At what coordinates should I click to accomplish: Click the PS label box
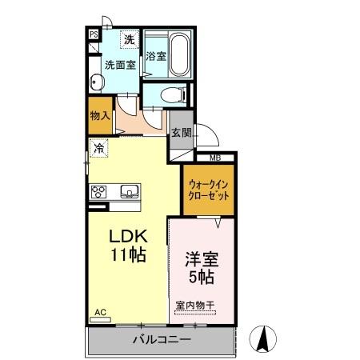point(94,34)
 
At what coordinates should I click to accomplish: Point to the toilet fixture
point(171,95)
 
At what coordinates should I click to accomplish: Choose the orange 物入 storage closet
point(99,117)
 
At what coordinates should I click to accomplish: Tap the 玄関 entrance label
point(180,134)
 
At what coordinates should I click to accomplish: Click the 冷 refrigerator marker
point(99,147)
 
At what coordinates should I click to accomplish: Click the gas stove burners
point(100,190)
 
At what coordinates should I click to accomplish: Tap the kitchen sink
point(129,190)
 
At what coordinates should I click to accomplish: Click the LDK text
point(128,238)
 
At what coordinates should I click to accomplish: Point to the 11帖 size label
point(128,258)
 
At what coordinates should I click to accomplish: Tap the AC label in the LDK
point(100,311)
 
